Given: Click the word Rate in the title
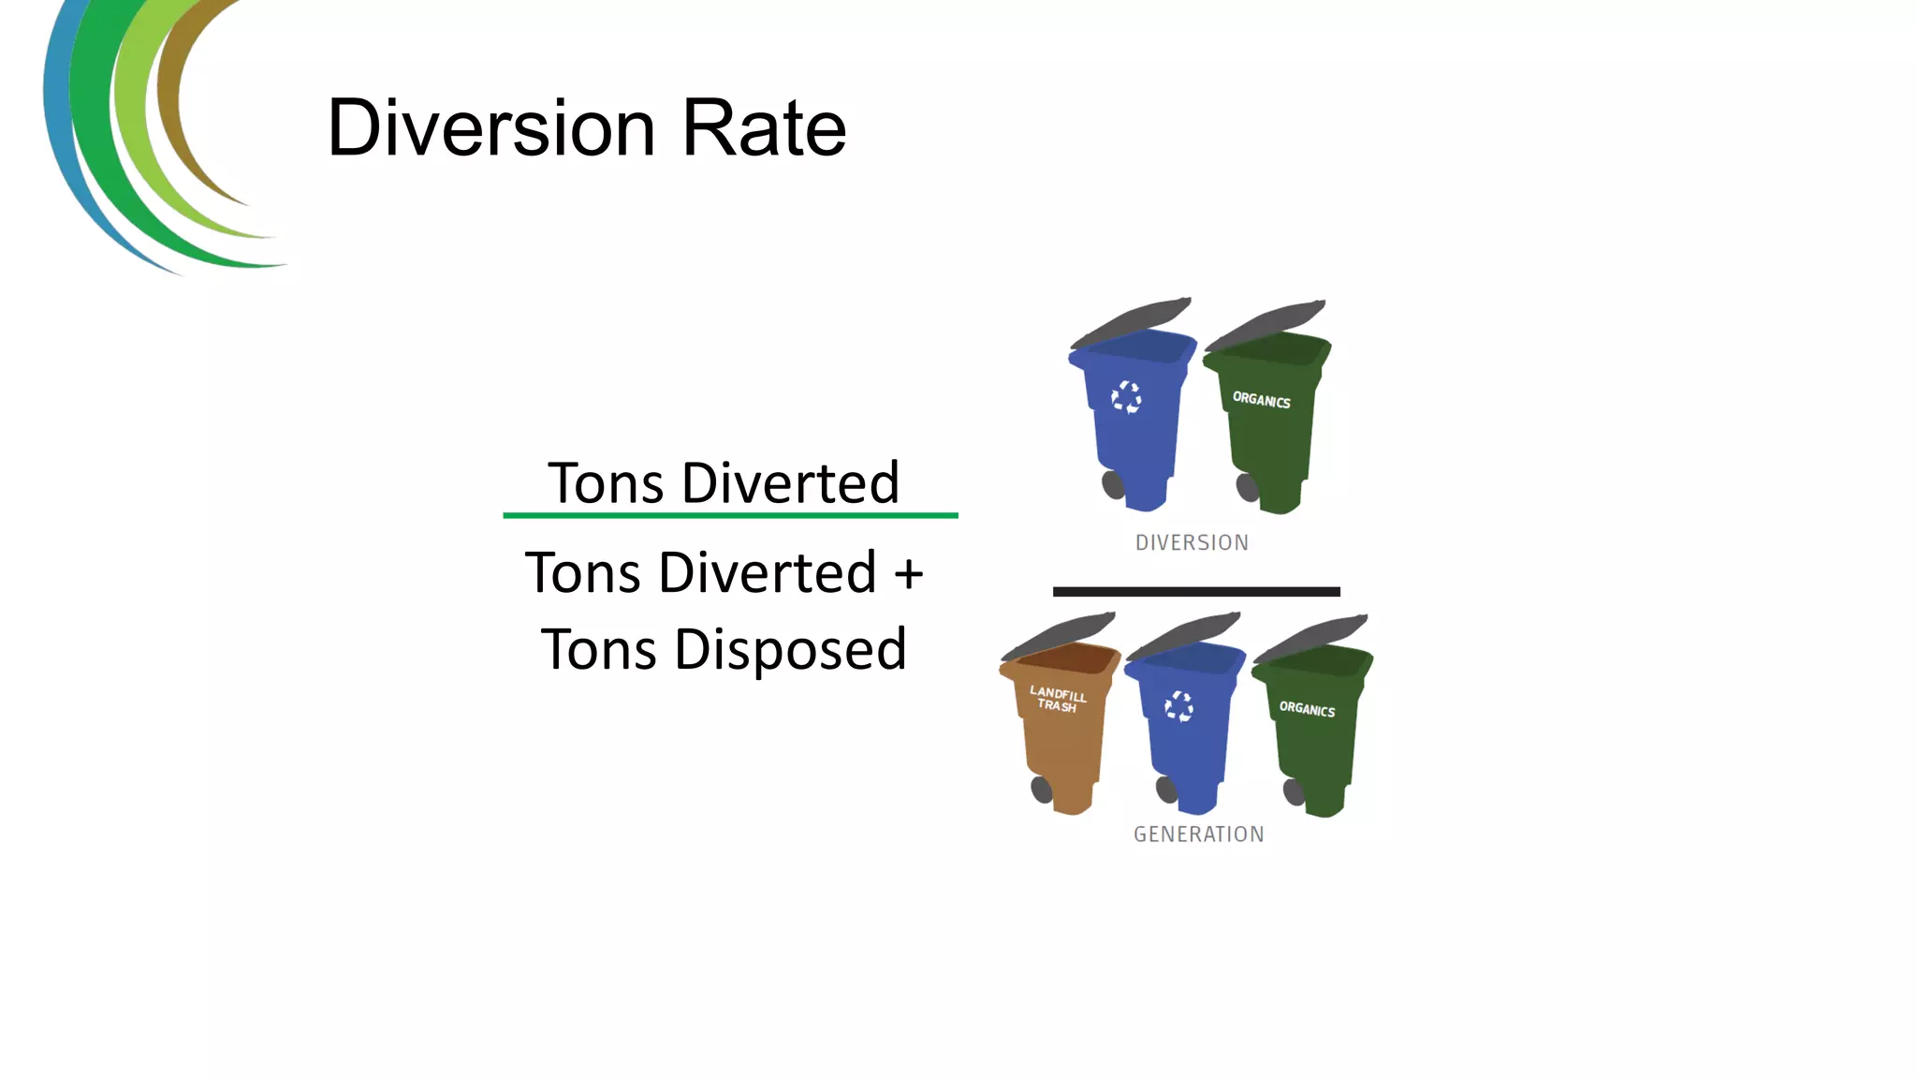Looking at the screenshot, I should (x=764, y=128).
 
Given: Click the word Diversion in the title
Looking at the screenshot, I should (x=490, y=128).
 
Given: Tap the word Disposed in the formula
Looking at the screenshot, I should (x=790, y=649).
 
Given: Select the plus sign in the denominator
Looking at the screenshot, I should (x=908, y=573).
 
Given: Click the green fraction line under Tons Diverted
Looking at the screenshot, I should (x=730, y=515).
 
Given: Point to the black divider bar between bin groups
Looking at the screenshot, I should (x=1196, y=592).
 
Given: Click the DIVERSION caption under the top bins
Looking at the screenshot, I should (x=1192, y=542).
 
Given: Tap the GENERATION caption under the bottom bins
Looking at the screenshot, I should (x=1198, y=834).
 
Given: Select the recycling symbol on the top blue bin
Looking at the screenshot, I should (x=1126, y=397).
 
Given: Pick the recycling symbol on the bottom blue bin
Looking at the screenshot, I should (x=1178, y=706).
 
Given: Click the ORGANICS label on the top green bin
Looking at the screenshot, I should (x=1261, y=400).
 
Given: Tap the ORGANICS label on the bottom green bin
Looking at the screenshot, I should (x=1307, y=709).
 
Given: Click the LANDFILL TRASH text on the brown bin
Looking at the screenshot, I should (x=1058, y=699).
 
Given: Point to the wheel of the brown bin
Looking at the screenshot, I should (x=1041, y=790).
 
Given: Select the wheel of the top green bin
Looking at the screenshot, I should (x=1247, y=487).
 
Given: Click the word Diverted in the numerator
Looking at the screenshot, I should (x=790, y=483).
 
